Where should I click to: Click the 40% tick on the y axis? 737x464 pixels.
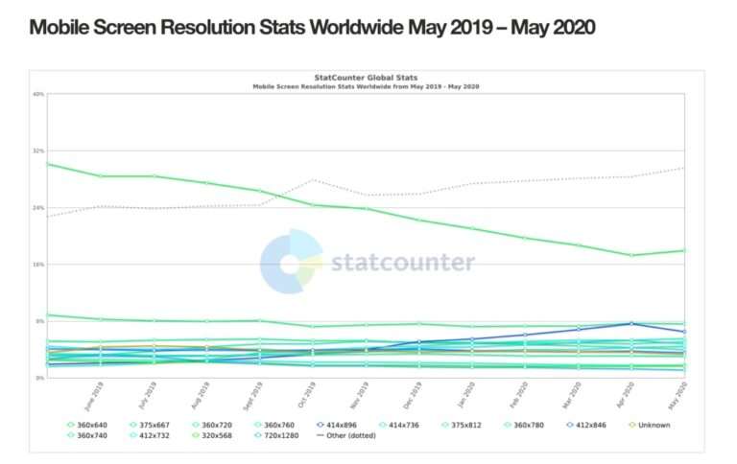(39, 94)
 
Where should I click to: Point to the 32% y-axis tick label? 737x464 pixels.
(39, 151)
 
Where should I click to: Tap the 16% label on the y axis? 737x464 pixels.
(39, 265)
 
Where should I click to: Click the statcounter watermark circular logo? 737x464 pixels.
(291, 261)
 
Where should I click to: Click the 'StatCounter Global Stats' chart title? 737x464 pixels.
(366, 78)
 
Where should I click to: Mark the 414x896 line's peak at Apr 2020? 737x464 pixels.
(631, 323)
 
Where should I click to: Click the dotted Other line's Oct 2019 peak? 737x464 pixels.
(313, 180)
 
